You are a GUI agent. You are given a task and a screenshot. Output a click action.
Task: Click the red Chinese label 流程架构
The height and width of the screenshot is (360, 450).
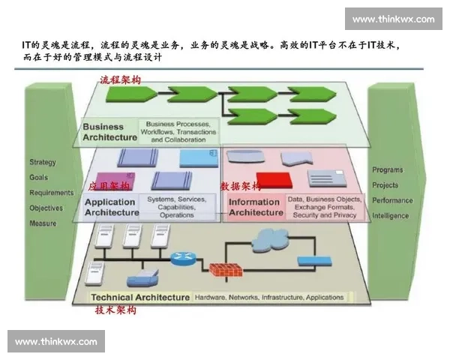point(120,79)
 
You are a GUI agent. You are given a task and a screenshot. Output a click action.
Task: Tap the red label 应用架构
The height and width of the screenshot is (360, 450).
point(109,185)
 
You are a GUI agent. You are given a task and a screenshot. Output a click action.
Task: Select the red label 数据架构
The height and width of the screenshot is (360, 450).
point(241,185)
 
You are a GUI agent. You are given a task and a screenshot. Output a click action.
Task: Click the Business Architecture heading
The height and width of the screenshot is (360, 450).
point(109,133)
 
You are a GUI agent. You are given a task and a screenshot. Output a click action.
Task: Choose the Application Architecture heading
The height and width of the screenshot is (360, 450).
point(112,208)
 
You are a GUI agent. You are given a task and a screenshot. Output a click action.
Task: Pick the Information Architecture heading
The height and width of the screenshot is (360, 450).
point(255,208)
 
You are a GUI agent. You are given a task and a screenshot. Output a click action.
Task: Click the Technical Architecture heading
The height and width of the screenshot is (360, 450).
point(140,297)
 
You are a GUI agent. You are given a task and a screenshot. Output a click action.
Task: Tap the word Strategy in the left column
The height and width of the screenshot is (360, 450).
point(43,162)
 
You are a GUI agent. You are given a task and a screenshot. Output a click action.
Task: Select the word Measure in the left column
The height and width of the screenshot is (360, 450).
point(43,223)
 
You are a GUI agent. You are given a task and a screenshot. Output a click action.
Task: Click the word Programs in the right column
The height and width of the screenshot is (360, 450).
point(388,170)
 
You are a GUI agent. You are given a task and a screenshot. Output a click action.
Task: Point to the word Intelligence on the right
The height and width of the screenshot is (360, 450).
point(391,216)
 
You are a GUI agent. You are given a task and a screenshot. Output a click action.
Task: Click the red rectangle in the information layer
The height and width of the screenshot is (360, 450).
point(272,181)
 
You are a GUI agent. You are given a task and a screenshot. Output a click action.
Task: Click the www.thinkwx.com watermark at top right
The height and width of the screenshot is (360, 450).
point(393,19)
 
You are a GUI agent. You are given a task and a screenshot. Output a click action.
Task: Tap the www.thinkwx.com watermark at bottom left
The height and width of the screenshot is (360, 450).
point(56,342)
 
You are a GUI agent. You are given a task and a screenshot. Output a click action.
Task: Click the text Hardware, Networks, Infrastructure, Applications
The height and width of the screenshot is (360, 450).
point(269,297)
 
